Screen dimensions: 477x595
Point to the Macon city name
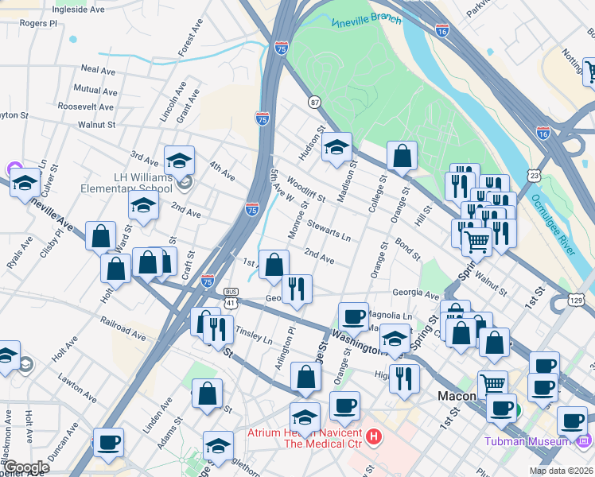coord(457,395)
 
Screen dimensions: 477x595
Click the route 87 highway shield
coord(315,103)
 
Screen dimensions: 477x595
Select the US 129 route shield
coord(578,298)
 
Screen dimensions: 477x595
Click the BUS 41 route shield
coord(231,297)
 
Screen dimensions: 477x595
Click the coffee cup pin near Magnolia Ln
coord(353,316)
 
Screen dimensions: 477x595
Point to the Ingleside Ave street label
coord(78,10)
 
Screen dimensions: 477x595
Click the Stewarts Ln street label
coord(329,231)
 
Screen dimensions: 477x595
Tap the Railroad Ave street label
coord(123,328)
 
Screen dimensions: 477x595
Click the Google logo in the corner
coord(27,467)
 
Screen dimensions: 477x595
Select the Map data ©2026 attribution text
coord(562,471)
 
